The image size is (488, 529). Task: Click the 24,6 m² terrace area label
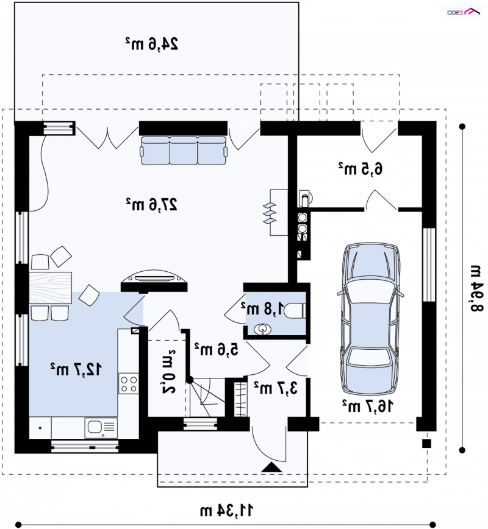[x=152, y=44]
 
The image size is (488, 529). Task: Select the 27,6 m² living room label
[x=152, y=204]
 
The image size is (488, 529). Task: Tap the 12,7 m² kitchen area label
[x=76, y=369]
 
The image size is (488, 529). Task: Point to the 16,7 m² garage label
[x=368, y=406]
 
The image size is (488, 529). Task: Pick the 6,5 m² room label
[x=361, y=169]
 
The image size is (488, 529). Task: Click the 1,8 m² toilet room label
[x=263, y=308]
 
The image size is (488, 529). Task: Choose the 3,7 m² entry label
[x=276, y=388]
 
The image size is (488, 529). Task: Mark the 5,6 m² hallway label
[x=216, y=350]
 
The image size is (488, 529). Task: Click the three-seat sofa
[x=184, y=151]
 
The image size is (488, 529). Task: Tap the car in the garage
[x=370, y=319]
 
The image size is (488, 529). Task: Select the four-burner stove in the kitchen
[x=129, y=383]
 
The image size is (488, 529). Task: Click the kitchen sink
[x=101, y=428]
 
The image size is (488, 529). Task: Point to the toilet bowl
[x=295, y=311]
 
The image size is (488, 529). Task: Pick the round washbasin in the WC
[x=262, y=329]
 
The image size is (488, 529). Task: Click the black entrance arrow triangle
[x=272, y=467]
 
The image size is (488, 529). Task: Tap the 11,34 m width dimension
[x=226, y=511]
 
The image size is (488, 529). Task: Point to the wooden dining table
[x=50, y=288]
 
